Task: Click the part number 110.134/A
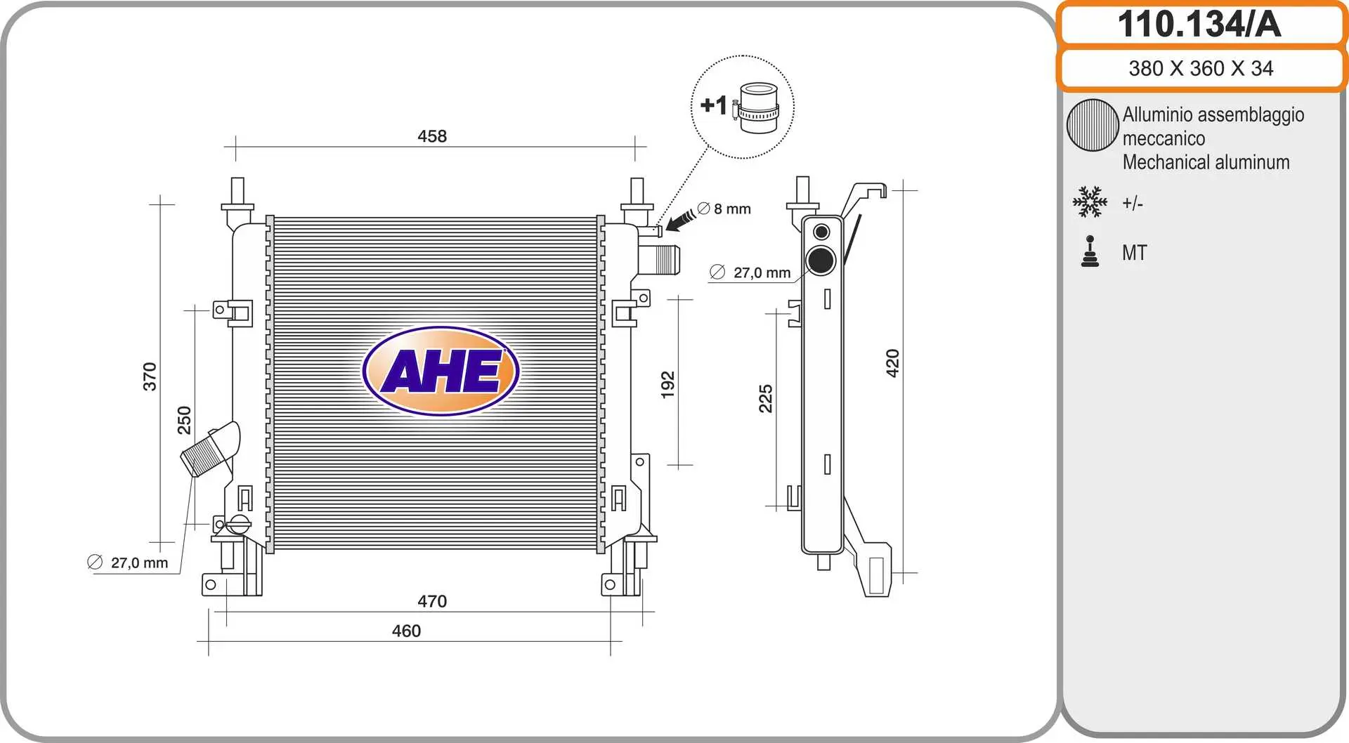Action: point(1199,25)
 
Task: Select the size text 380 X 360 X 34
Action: point(1201,68)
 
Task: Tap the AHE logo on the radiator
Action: point(441,371)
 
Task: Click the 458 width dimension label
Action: point(432,136)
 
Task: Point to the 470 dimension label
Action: point(432,601)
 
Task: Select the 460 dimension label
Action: point(406,631)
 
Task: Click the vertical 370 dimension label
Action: point(150,376)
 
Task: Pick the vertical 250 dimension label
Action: point(184,420)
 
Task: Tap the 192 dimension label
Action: point(667,385)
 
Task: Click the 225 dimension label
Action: point(765,398)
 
